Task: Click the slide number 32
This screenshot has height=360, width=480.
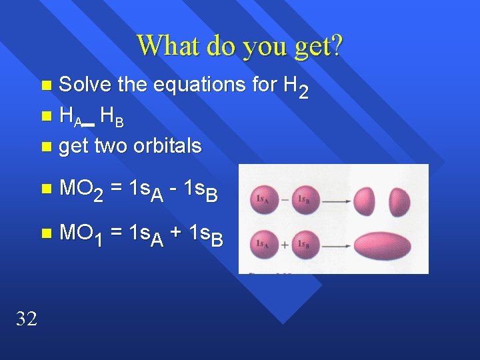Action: pos(26,319)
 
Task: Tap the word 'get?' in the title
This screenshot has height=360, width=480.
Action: pos(315,45)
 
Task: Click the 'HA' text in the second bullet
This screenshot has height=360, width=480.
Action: pos(70,117)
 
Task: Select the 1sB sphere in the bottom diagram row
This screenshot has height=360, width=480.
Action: pos(305,243)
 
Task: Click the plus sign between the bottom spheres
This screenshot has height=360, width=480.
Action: pos(285,244)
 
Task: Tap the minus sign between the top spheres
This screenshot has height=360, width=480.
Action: pos(285,199)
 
